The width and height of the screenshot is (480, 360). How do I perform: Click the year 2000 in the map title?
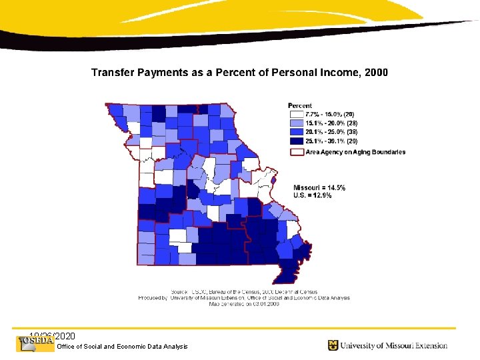tap(373, 72)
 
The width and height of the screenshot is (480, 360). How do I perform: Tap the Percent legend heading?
tap(300, 106)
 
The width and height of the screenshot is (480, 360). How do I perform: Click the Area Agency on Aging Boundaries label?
tap(355, 152)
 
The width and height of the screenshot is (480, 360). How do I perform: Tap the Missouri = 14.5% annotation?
tap(319, 187)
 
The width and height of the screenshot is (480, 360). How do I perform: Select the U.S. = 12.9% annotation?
tap(313, 196)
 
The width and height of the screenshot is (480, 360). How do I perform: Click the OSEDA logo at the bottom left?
tap(35, 343)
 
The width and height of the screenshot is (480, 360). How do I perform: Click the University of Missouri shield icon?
tap(333, 345)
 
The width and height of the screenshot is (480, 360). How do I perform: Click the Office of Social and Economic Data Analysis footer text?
tap(123, 347)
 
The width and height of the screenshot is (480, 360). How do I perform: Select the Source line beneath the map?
tap(243, 292)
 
